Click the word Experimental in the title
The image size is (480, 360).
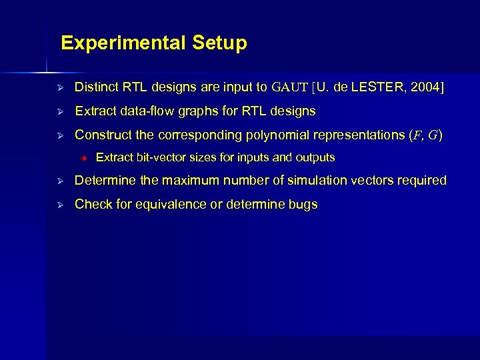(x=123, y=43)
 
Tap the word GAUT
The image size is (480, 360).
(x=290, y=87)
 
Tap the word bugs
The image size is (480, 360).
(x=303, y=205)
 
